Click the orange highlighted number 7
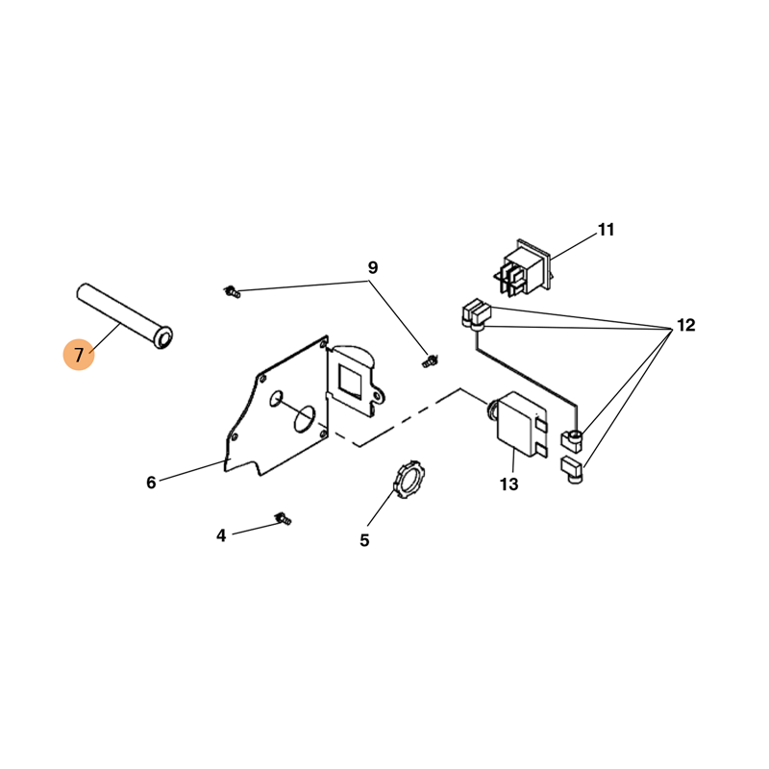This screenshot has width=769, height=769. [x=79, y=354]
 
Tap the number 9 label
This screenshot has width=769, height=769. [x=373, y=268]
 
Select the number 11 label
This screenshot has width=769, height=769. [x=606, y=230]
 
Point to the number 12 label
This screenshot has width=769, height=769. [x=686, y=325]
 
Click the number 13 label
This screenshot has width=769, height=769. [x=509, y=484]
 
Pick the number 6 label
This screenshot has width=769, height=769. [x=151, y=483]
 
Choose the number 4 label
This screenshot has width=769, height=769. [x=221, y=535]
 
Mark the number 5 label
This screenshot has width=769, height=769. [x=364, y=540]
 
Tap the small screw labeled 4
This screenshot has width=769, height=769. [x=283, y=518]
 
